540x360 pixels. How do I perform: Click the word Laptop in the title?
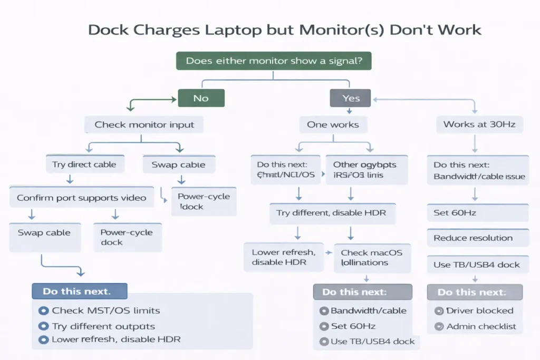pyautogui.click(x=231, y=30)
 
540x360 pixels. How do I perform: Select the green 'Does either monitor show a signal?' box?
pyautogui.click(x=274, y=61)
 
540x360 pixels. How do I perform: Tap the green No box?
pyautogui.click(x=201, y=98)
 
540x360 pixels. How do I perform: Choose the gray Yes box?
pyautogui.click(x=351, y=98)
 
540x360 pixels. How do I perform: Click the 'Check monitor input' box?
pyautogui.click(x=144, y=125)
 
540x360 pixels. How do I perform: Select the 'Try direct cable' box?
pyautogui.click(x=84, y=164)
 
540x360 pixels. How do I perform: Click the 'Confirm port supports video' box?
pyautogui.click(x=81, y=198)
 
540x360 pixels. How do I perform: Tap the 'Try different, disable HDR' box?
pyautogui.click(x=331, y=213)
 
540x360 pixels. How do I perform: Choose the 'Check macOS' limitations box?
pyautogui.click(x=371, y=257)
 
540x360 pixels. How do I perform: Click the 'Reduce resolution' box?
pyautogui.click(x=477, y=238)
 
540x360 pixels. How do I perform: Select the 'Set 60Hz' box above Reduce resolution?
pyautogui.click(x=477, y=213)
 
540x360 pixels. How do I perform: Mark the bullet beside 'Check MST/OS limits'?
pyautogui.click(x=43, y=311)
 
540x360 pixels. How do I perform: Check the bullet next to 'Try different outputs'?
pyautogui.click(x=43, y=326)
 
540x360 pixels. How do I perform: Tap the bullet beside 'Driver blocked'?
pyautogui.click(x=438, y=311)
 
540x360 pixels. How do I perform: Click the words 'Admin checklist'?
pyautogui.click(x=481, y=327)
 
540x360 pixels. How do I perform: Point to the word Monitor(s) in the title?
pyautogui.click(x=334, y=30)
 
